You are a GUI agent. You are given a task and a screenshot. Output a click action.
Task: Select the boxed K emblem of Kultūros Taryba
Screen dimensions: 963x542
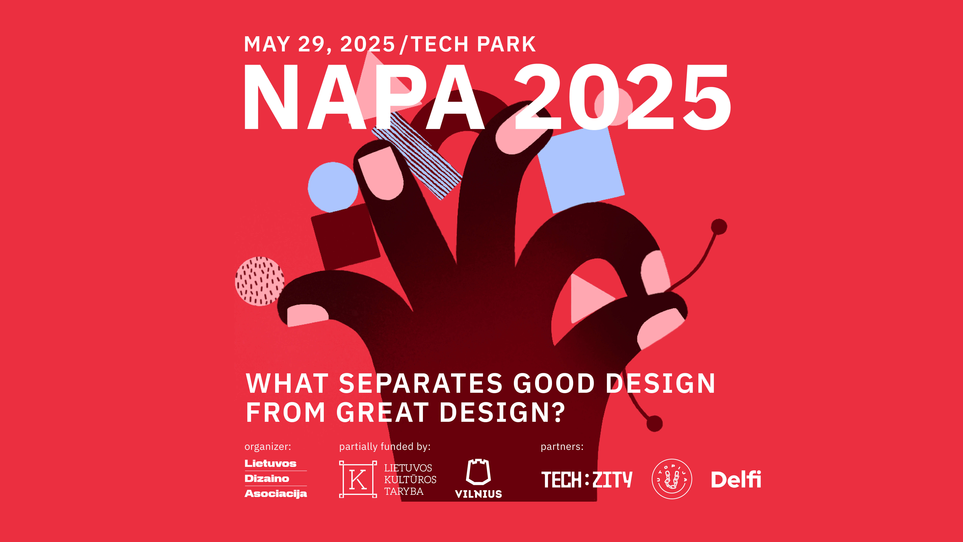point(358,479)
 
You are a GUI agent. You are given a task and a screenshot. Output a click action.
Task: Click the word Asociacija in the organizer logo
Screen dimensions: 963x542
point(276,494)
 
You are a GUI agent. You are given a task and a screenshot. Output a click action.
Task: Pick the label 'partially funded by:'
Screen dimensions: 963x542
point(385,447)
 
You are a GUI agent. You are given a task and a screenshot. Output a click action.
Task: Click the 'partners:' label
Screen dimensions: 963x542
point(562,447)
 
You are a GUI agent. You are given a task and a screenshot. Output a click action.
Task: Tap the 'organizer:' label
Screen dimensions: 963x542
point(268,447)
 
